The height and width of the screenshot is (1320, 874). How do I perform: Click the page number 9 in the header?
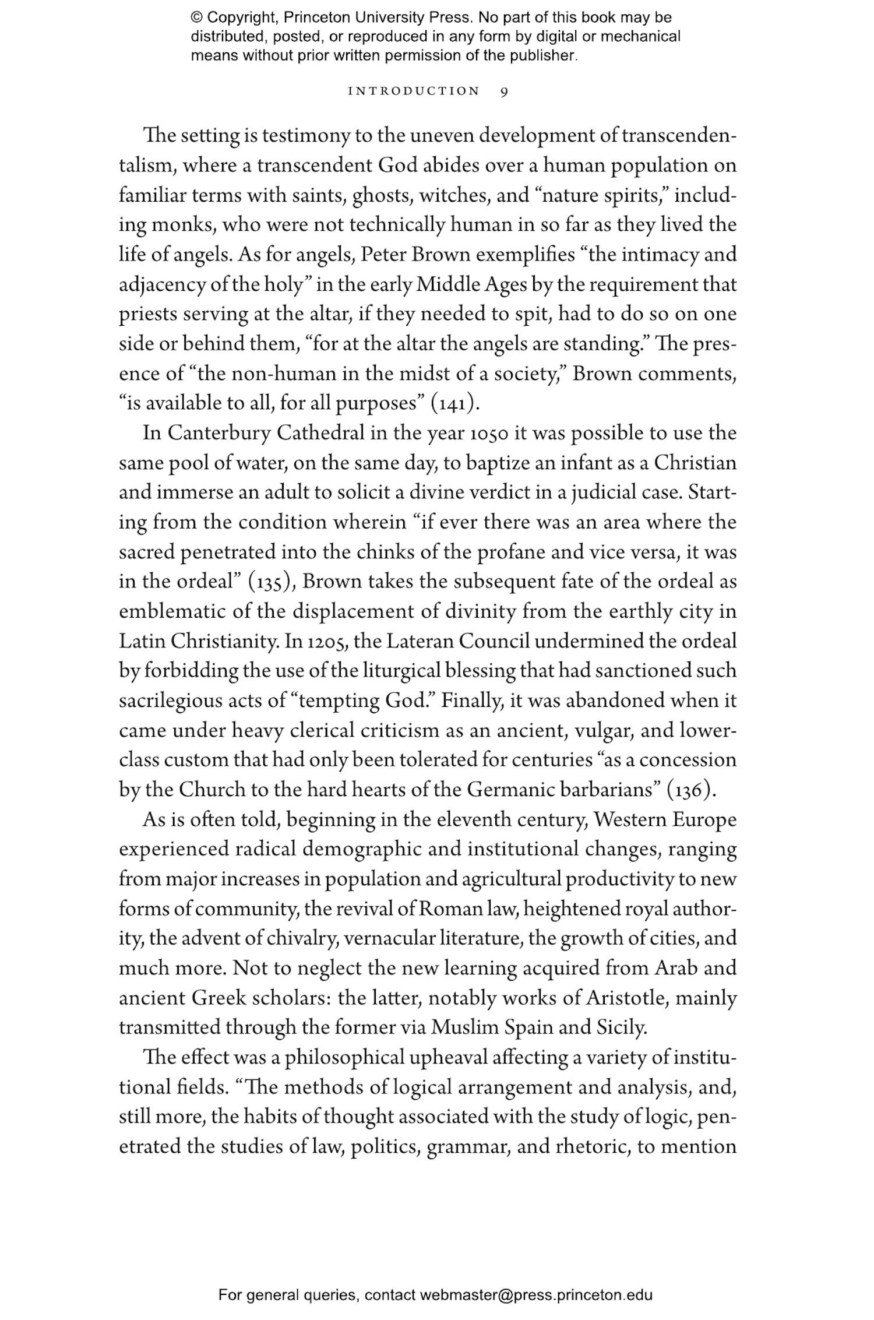504,91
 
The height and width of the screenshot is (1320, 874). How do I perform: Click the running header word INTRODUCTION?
414,91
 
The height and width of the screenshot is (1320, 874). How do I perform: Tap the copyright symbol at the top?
195,17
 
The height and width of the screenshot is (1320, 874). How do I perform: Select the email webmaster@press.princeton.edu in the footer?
535,1295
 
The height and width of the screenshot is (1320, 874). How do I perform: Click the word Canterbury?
218,433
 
